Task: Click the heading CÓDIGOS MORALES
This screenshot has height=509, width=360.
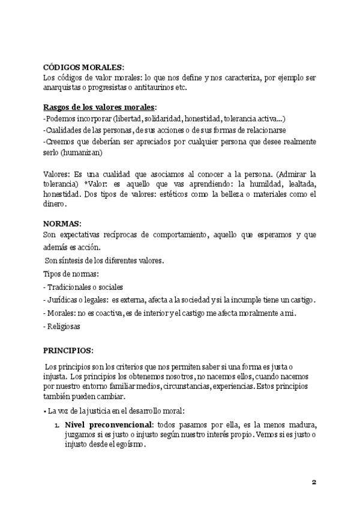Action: pyautogui.click(x=83, y=67)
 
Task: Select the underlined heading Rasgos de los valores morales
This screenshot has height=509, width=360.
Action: pyautogui.click(x=100, y=107)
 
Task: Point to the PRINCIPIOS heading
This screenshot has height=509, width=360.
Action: pyautogui.click(x=68, y=350)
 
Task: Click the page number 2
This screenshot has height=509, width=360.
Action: pyautogui.click(x=314, y=482)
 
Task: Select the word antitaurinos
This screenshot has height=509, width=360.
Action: pyautogui.click(x=162, y=88)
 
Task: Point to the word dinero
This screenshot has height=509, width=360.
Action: pyautogui.click(x=55, y=204)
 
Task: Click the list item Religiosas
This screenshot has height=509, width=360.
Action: pyautogui.click(x=64, y=327)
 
